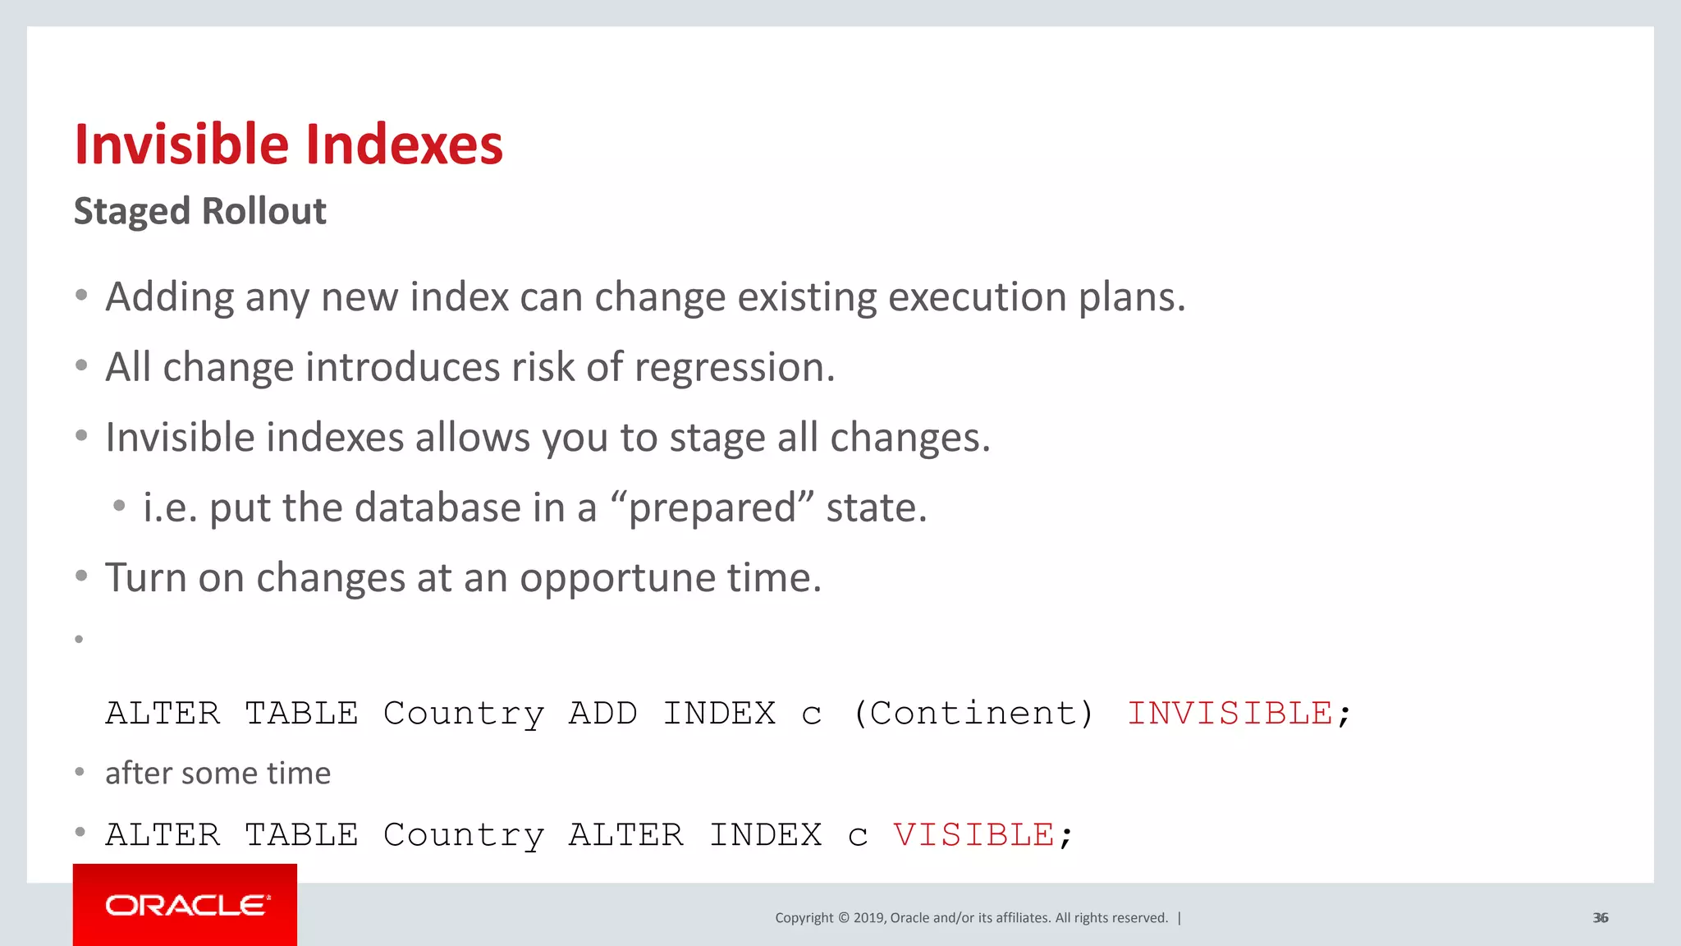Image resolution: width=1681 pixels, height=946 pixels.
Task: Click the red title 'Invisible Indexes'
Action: point(288,145)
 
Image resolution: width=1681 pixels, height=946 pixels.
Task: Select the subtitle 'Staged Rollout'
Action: point(200,211)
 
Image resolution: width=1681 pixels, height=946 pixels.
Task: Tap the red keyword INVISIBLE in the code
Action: point(1230,713)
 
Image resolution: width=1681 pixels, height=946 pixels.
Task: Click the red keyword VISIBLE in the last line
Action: point(973,834)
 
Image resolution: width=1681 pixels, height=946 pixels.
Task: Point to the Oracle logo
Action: point(186,905)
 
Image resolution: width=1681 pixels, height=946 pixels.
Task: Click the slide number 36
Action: point(1600,917)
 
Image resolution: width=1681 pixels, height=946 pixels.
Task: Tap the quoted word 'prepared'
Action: point(712,507)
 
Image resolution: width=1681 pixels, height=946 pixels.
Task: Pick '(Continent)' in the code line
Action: point(973,713)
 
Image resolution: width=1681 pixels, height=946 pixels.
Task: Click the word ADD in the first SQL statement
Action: point(602,713)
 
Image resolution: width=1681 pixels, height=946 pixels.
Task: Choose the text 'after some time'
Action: point(218,773)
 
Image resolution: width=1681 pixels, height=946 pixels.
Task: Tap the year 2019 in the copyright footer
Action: point(868,917)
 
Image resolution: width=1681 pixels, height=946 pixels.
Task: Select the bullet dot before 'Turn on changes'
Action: point(80,576)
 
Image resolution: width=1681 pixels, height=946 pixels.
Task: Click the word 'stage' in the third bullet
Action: point(717,438)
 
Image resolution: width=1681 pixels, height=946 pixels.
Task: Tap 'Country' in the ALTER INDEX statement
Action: point(464,834)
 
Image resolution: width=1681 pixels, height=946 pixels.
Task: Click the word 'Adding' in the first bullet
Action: point(169,296)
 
